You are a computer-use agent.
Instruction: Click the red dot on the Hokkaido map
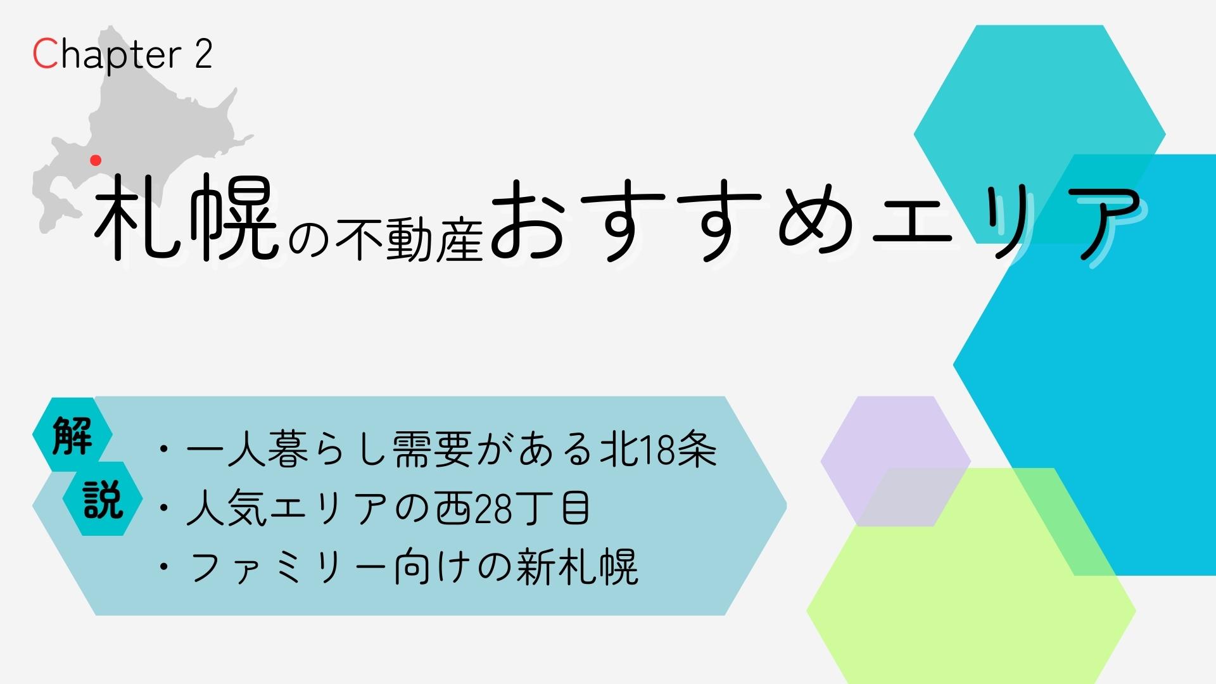tap(96, 160)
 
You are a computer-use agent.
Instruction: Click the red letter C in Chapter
tap(45, 54)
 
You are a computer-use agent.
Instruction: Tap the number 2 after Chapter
tap(203, 54)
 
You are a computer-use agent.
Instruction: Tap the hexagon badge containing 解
tap(72, 435)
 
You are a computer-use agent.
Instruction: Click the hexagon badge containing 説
tap(103, 499)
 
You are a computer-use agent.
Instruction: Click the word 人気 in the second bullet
tap(227, 508)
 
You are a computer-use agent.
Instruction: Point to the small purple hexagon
tap(896, 461)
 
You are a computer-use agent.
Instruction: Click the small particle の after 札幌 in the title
tap(309, 241)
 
